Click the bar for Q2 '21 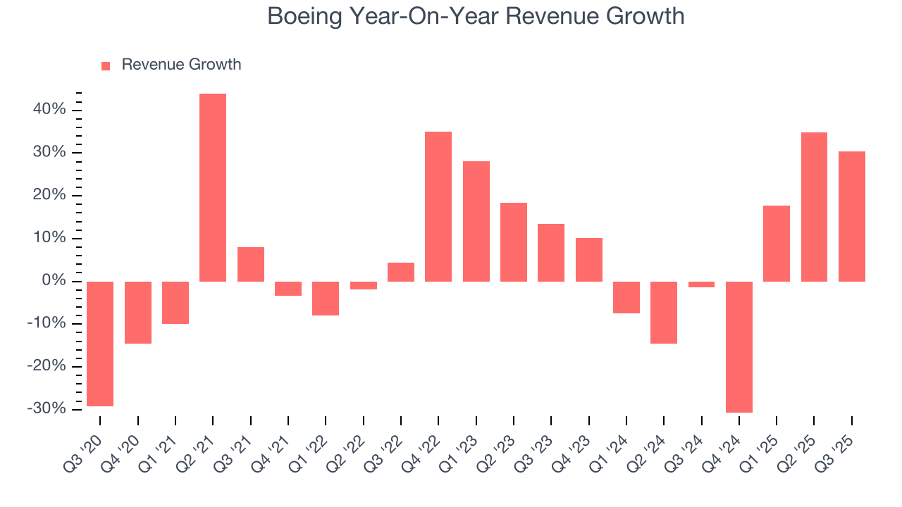tap(213, 187)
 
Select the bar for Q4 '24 tap(739, 346)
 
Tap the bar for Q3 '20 tap(100, 344)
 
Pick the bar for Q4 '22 tap(438, 206)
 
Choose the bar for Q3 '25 tap(852, 216)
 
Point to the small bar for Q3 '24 tap(701, 284)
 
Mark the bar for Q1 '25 tap(777, 243)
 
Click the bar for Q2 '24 tap(664, 312)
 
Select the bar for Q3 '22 tap(401, 272)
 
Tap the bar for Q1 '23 tap(476, 221)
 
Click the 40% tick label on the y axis tap(49, 110)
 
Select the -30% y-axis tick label tap(47, 409)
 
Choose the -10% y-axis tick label tap(47, 324)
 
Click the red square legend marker tap(106, 65)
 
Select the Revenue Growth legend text tap(181, 65)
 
